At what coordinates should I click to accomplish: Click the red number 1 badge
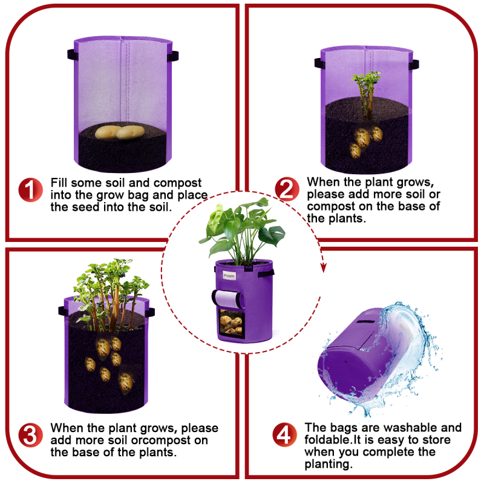coord(30,190)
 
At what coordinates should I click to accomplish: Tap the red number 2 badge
coord(287,189)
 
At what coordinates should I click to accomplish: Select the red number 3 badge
coord(30,435)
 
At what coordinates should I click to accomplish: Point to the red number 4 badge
coord(284,434)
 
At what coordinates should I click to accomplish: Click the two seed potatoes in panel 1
coord(119,132)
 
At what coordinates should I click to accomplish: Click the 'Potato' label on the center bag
coord(229,276)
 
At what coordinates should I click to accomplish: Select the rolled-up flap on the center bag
coord(228,299)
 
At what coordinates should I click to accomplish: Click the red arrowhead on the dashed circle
coord(323,267)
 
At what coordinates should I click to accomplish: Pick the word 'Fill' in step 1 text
coord(59,183)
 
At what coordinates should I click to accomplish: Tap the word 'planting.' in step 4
coord(329,464)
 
